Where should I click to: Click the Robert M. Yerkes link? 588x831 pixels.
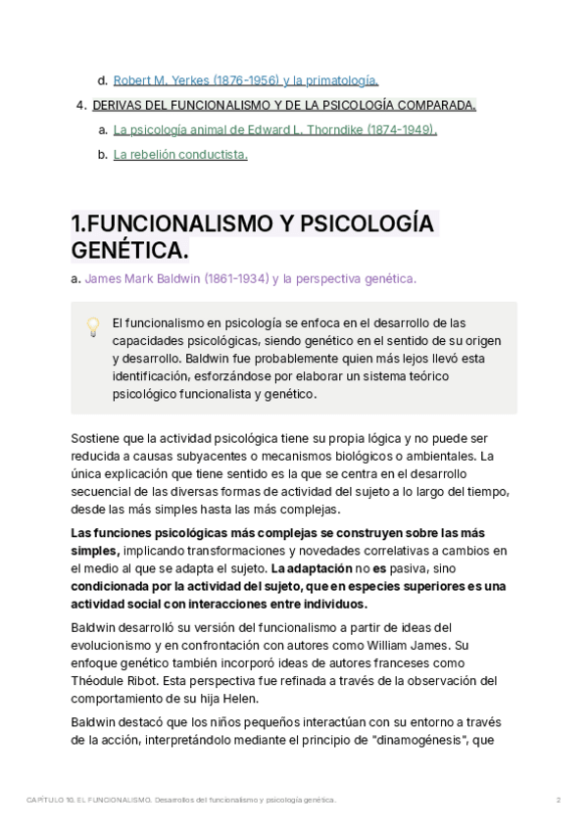point(245,80)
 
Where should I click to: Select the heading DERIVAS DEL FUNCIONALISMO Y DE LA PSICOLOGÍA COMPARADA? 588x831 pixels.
point(284,105)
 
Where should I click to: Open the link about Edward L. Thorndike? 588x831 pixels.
point(274,129)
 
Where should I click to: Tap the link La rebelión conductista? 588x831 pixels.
point(180,154)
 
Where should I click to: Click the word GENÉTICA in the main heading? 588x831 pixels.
point(129,252)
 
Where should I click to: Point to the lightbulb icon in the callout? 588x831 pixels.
point(93,326)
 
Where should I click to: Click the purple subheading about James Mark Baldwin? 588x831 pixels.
point(250,278)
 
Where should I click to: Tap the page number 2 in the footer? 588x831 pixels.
point(558,801)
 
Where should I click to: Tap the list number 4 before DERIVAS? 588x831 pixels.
point(80,105)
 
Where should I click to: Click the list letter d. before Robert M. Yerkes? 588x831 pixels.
point(102,80)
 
